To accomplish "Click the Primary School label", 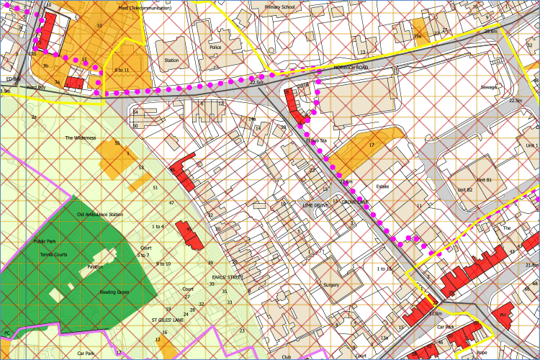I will pos(280,7).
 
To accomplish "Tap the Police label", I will pos(215,48).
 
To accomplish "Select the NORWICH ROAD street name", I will pos(351,67).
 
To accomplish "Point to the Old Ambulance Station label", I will pos(100,215).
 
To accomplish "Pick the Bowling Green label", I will pos(114,292).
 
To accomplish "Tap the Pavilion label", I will pos(95,266).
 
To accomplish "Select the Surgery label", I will pos(331,285).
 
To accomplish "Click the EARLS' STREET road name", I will pos(228,276).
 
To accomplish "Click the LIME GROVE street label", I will pos(315,204).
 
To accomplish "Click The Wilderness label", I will pos(80,138).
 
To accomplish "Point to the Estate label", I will pos(382,186).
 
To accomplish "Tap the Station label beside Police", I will pos(171,60).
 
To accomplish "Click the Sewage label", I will pos(489,86).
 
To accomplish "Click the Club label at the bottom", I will pos(286,356).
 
